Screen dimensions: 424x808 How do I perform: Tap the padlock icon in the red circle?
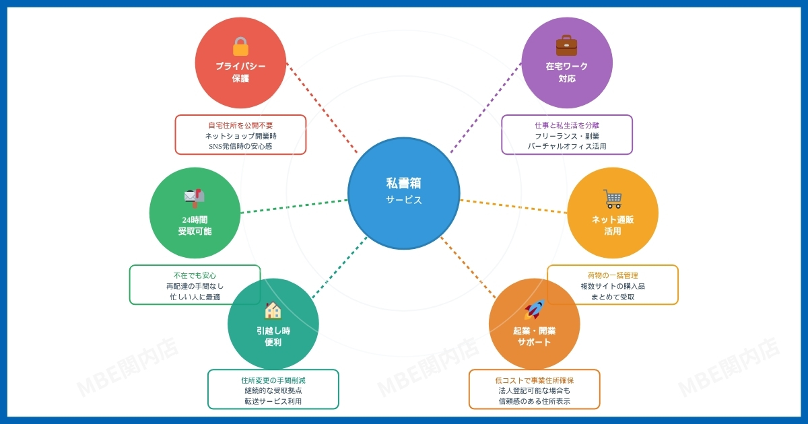[x=240, y=46]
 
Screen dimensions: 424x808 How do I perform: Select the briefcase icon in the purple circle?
[x=566, y=46]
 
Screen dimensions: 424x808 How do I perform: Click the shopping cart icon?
[x=612, y=199]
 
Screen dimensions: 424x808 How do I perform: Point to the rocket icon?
[x=534, y=310]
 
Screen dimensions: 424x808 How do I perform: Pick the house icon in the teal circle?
[x=273, y=310]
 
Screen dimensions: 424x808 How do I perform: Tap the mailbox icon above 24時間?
[x=194, y=197]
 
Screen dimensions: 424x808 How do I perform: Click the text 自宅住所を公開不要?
[x=240, y=126]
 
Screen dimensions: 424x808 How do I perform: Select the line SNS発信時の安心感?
[x=240, y=146]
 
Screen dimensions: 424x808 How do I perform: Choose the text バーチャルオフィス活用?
[x=566, y=146]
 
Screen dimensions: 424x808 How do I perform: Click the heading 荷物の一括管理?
[x=612, y=275]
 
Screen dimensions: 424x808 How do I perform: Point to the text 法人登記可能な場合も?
[x=534, y=390]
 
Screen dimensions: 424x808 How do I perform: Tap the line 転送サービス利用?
[x=273, y=401]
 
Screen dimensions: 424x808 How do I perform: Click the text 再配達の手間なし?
[x=195, y=286]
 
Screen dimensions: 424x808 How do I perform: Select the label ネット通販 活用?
[x=612, y=225]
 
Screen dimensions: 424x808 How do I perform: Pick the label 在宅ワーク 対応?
[x=566, y=73]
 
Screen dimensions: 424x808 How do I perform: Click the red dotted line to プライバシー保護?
[x=322, y=108]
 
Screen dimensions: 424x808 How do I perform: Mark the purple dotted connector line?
[x=486, y=108]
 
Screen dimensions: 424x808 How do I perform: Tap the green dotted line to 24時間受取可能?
[x=294, y=206]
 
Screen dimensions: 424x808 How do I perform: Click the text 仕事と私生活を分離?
[x=566, y=126]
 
